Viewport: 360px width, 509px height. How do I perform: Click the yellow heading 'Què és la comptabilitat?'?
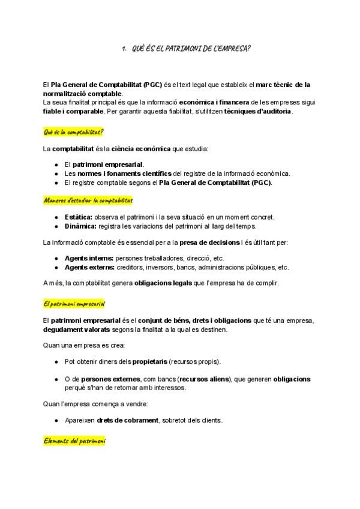(x=74, y=131)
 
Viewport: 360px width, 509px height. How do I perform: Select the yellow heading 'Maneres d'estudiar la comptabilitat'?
(x=88, y=200)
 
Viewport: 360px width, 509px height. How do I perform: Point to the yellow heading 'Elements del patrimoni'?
(x=74, y=441)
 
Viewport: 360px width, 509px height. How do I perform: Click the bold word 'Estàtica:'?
(x=79, y=217)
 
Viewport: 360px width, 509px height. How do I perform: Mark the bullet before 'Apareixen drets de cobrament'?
(x=56, y=420)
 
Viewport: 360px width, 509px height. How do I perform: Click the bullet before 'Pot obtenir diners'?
(x=56, y=362)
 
